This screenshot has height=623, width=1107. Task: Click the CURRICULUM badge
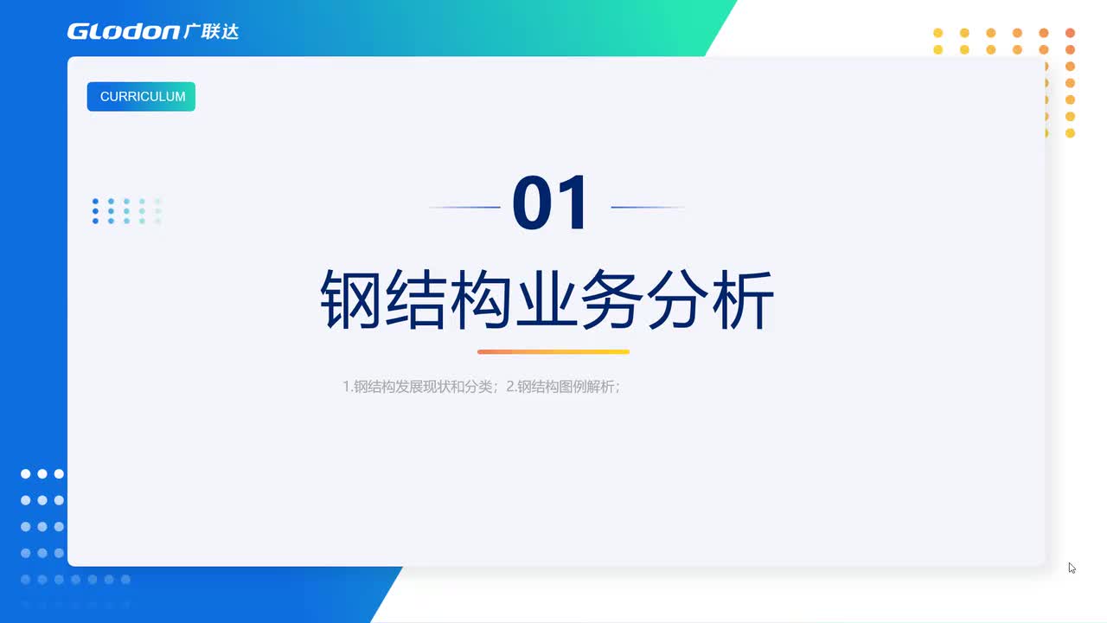[x=141, y=97]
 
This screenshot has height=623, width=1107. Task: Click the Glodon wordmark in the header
[x=123, y=32]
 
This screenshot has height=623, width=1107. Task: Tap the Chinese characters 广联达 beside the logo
[x=211, y=31]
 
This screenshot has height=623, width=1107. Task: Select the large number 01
[x=551, y=205]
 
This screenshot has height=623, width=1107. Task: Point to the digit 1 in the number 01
[x=575, y=205]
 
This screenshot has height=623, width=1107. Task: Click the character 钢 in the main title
[x=351, y=300]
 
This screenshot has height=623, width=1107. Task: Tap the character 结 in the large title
[x=415, y=300]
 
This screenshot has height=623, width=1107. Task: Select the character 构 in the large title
[x=481, y=300]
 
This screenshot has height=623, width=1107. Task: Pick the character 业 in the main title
[x=547, y=300]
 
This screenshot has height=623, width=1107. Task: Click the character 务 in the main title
[x=611, y=300]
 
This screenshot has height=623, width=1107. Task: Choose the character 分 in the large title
[x=677, y=300]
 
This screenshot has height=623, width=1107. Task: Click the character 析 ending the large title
[x=742, y=300]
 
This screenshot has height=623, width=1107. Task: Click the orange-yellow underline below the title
[x=553, y=351]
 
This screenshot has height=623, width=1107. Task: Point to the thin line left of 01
[x=465, y=208]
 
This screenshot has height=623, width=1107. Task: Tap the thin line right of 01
[x=647, y=208]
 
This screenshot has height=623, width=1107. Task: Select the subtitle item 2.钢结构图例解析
[x=563, y=387]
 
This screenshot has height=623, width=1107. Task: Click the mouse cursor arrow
[x=1072, y=568]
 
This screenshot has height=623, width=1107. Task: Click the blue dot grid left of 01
[x=126, y=211]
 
